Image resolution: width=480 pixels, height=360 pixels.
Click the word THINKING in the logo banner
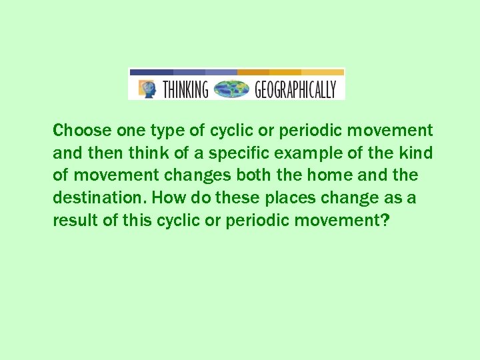coord(185,89)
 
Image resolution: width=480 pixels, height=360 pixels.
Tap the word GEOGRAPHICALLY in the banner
coord(295,89)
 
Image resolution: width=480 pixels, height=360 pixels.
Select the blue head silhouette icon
coord(147,89)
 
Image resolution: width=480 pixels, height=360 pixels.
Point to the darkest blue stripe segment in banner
coord(151,71)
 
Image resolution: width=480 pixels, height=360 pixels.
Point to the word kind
coord(417,153)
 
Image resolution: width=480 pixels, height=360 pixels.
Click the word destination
coord(99,198)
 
